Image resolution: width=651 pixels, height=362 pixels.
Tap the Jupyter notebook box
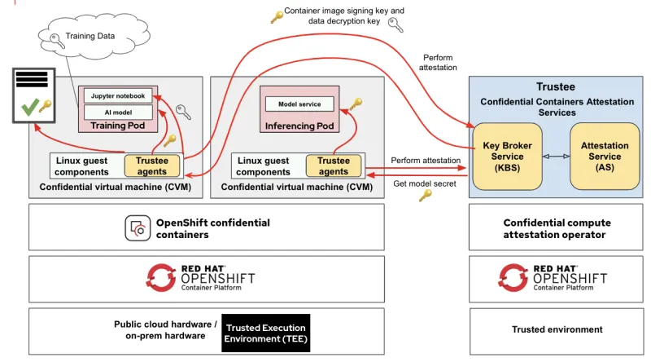pyautogui.click(x=118, y=95)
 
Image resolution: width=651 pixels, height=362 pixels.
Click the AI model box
pyautogui.click(x=118, y=111)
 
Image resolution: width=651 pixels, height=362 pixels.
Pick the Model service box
pyautogui.click(x=299, y=104)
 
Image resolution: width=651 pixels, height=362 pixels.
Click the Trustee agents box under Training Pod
pyautogui.click(x=151, y=166)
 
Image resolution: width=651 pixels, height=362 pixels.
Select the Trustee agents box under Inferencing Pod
pyautogui.click(x=333, y=166)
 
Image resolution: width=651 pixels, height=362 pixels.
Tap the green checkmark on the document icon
pyautogui.click(x=29, y=106)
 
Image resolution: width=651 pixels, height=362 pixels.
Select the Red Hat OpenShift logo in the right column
pyautogui.click(x=553, y=278)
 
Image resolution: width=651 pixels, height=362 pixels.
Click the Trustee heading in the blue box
pyautogui.click(x=555, y=87)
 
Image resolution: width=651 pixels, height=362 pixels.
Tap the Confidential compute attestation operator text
pyautogui.click(x=557, y=228)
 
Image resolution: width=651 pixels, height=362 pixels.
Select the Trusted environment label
pyautogui.click(x=557, y=329)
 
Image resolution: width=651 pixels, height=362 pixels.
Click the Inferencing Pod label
pyautogui.click(x=299, y=126)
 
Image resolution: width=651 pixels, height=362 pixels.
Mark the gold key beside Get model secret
pyautogui.click(x=425, y=196)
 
